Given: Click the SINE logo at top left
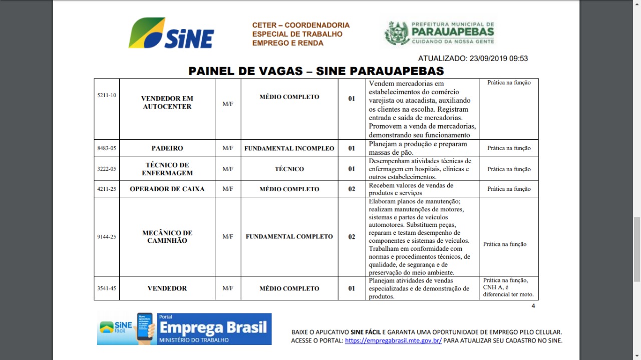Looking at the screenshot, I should click(172, 34).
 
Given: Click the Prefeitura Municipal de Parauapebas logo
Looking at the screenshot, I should click(439, 34).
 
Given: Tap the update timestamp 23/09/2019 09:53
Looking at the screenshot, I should click(473, 58).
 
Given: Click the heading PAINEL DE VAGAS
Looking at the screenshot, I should click(315, 71).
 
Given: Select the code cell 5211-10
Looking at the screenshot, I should click(107, 95).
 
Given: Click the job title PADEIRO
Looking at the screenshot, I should click(167, 148).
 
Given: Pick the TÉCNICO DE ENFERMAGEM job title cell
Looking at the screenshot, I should click(167, 169).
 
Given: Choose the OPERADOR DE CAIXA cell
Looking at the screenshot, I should click(167, 189).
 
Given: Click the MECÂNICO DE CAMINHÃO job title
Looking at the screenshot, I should click(167, 236).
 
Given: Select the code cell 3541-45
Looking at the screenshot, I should click(107, 288).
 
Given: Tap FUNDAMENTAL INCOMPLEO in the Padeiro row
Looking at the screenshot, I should click(289, 148).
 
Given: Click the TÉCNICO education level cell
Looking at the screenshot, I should click(289, 169).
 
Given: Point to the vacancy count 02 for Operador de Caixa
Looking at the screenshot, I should click(352, 189).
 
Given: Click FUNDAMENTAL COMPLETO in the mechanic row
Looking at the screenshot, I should click(289, 236).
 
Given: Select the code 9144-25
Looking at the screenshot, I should click(107, 236).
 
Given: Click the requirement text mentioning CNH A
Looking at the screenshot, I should click(508, 287).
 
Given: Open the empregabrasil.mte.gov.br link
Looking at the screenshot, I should click(393, 340).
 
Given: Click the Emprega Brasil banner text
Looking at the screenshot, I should click(213, 328).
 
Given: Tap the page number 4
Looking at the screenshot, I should click(533, 306).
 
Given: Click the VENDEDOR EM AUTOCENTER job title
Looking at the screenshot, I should click(167, 102).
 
